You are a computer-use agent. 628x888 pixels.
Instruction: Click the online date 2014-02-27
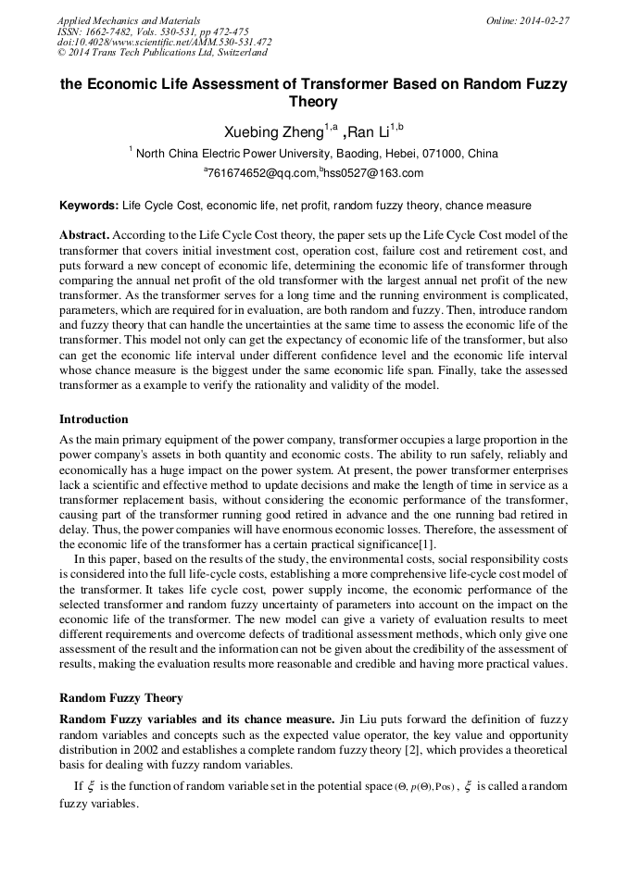tap(544, 20)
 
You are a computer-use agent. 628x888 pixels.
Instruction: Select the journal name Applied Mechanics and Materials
tap(129, 20)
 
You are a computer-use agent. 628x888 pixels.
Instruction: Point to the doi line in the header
tap(165, 43)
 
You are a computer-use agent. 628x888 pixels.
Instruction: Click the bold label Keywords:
tap(89, 205)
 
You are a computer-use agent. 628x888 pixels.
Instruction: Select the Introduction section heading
tap(94, 419)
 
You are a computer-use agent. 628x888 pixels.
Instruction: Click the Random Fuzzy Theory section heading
tap(120, 697)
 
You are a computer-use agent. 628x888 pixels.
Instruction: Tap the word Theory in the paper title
tap(313, 103)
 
